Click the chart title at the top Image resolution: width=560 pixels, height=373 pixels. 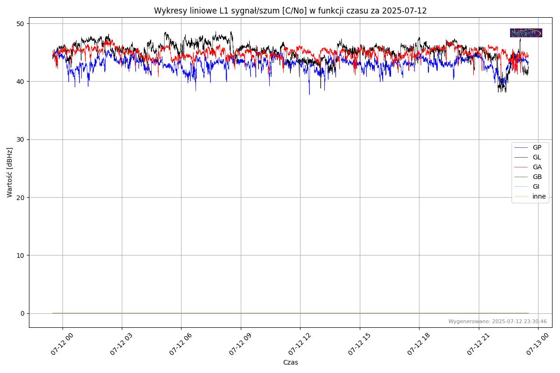[x=290, y=11]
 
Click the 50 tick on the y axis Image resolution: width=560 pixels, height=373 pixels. [x=21, y=24]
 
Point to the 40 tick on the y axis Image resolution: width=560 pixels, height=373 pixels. [x=21, y=82]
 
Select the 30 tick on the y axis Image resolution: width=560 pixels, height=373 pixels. [x=21, y=139]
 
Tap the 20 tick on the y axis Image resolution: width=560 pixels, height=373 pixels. [x=21, y=197]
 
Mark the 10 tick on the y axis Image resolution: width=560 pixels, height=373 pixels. [x=21, y=256]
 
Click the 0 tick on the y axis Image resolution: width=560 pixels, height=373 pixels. [x=22, y=313]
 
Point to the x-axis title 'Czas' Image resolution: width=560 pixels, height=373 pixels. [x=290, y=362]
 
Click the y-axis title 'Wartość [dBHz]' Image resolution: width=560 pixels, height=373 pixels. [x=10, y=173]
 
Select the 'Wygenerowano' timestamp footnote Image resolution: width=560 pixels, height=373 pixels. [x=497, y=321]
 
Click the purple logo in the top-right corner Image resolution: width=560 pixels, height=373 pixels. [x=526, y=33]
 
